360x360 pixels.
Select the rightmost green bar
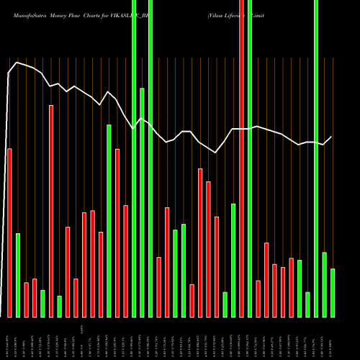(x=333, y=292)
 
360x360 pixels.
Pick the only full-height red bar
(x=241, y=158)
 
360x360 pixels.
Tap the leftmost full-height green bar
(x=134, y=158)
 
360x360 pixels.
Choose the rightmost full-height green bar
(x=316, y=158)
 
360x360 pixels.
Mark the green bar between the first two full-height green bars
(x=143, y=202)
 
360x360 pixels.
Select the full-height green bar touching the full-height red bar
(x=250, y=158)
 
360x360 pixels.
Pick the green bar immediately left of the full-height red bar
(x=233, y=260)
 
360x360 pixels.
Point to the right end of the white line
(x=331, y=137)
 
